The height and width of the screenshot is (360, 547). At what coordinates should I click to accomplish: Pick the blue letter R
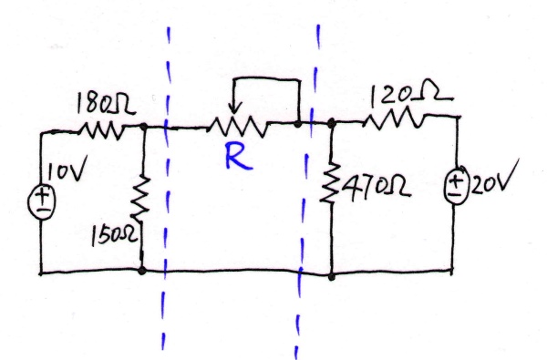236,159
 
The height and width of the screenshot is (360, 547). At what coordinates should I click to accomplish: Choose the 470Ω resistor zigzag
331,189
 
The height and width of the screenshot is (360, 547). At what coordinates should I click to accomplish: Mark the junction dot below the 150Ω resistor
142,271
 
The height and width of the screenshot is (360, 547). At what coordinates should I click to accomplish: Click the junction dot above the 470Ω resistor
330,122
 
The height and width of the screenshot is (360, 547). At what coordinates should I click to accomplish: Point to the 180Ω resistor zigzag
105,131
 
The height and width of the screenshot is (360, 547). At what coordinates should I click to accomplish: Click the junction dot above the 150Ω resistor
144,129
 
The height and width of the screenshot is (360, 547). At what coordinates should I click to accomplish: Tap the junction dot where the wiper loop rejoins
298,121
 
